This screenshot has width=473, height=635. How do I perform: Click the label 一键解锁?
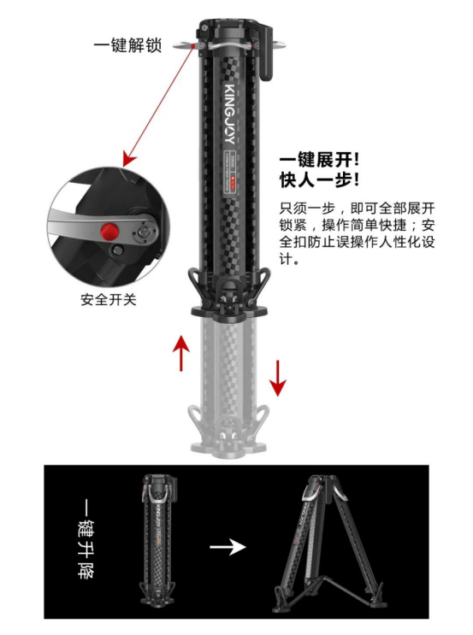[127, 45]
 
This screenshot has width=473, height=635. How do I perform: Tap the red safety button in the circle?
[109, 231]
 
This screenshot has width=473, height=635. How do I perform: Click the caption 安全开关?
[109, 300]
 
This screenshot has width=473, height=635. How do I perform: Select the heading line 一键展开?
[319, 160]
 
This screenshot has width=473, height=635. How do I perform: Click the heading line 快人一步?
[319, 180]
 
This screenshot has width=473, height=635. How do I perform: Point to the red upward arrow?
[180, 352]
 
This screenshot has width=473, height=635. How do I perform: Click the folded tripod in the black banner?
[159, 543]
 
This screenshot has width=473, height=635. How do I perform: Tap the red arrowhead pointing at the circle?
[129, 158]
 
